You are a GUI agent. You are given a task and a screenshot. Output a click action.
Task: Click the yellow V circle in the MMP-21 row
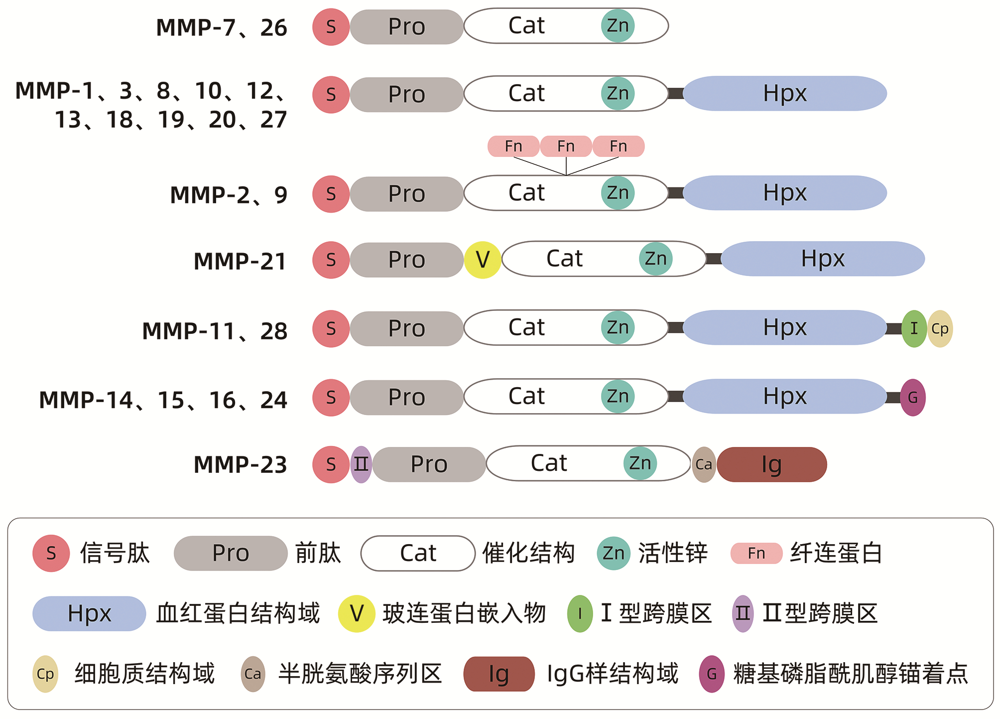coord(482,260)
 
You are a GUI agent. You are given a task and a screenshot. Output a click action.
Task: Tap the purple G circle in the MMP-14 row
coord(913,398)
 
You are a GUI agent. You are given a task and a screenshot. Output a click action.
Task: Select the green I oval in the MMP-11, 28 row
coord(914,329)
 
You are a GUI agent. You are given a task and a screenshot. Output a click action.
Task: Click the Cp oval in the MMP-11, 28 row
coord(940,329)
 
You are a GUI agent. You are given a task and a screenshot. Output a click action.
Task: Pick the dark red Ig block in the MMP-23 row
coord(772,464)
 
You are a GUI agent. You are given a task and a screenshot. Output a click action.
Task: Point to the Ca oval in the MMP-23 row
coord(704,464)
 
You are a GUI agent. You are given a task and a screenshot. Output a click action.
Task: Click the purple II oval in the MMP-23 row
coord(361,464)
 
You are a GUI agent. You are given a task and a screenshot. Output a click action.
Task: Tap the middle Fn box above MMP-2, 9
coord(566,146)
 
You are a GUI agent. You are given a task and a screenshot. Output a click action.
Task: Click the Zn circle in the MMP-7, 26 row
coord(618,26)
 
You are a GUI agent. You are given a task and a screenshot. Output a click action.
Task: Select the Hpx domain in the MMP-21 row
coord(823,259)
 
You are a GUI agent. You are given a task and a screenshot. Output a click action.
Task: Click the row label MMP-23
coord(240,465)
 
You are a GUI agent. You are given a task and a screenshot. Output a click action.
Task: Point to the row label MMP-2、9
coord(229,195)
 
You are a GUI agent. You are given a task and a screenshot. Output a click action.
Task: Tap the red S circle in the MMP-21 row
coord(331,260)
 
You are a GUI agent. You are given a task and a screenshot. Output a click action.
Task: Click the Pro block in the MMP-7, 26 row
coord(406,27)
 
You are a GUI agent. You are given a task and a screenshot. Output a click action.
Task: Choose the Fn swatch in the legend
coord(756,553)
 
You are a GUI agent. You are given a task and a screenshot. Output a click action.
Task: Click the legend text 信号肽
coord(115,553)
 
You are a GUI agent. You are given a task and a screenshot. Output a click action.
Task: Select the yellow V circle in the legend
coord(357,613)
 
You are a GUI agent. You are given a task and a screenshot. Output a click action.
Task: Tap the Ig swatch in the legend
coord(499,674)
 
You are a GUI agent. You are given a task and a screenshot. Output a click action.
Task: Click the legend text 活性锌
coord(673,553)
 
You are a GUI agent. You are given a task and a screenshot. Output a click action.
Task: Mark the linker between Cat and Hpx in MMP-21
coord(713,259)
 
